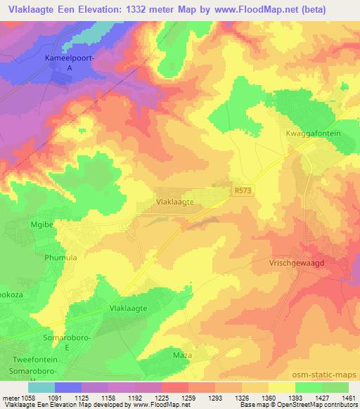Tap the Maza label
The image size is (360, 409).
[x=183, y=356]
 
